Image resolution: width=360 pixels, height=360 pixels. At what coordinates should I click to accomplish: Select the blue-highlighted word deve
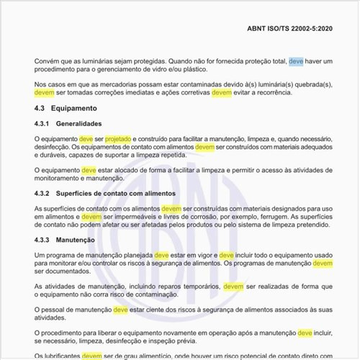click(296, 63)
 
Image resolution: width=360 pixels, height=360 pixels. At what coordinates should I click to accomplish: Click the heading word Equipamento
click(76, 108)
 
